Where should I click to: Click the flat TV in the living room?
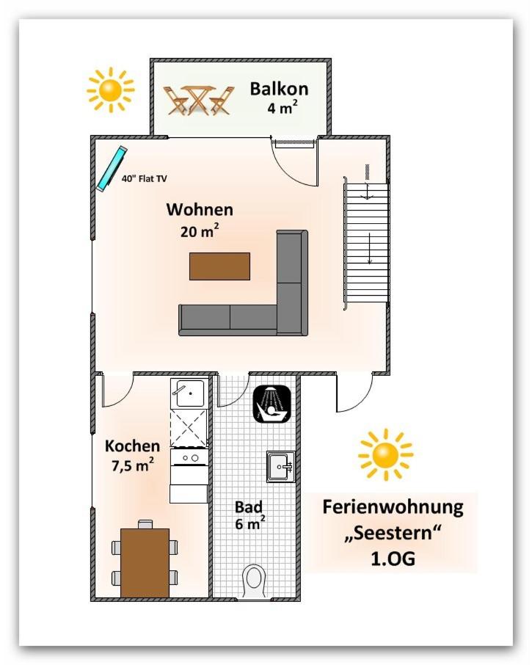click(x=112, y=169)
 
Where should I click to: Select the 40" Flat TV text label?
click(x=144, y=179)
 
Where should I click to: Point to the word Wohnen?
click(x=200, y=209)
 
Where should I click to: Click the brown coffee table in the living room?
click(x=219, y=266)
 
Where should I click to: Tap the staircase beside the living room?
click(x=367, y=243)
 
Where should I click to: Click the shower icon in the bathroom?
click(x=272, y=404)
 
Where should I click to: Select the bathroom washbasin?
click(x=280, y=467)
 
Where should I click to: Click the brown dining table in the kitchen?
click(x=145, y=563)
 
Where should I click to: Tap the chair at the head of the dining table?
click(x=145, y=524)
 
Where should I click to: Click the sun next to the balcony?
click(x=111, y=90)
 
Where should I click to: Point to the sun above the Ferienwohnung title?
click(x=385, y=454)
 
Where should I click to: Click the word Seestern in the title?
click(x=393, y=533)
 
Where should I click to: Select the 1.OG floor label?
click(x=393, y=559)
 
